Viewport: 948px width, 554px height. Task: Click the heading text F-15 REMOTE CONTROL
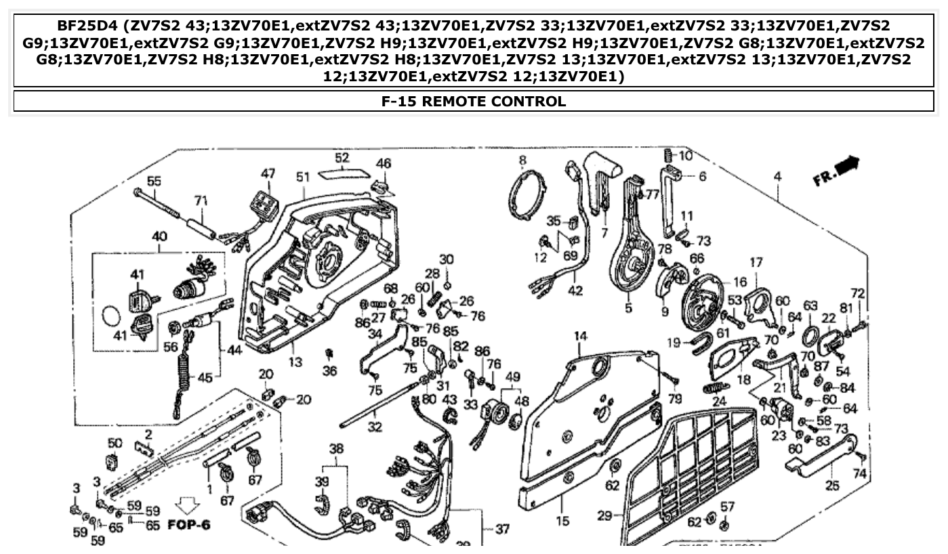coord(473,102)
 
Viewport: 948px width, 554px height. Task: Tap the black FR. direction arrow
coord(846,165)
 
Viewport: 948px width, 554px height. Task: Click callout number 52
coord(342,158)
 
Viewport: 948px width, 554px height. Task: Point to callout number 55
coord(154,181)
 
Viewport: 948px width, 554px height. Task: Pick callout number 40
coord(159,237)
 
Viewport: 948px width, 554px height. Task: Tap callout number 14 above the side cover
coord(580,336)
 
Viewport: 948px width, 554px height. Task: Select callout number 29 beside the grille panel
coord(605,516)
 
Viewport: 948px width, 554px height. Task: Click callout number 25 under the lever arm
coord(832,486)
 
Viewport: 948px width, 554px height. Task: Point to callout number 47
coord(268,173)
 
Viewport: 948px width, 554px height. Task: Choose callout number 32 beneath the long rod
coord(375,427)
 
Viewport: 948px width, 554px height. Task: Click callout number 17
coord(756,261)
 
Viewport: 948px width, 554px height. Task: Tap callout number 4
coord(777,176)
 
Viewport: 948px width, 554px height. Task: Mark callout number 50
coord(115,443)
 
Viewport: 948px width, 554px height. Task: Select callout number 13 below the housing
coord(295,362)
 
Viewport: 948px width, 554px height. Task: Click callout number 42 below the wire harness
coord(575,291)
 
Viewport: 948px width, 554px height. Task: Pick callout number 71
coord(200,200)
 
